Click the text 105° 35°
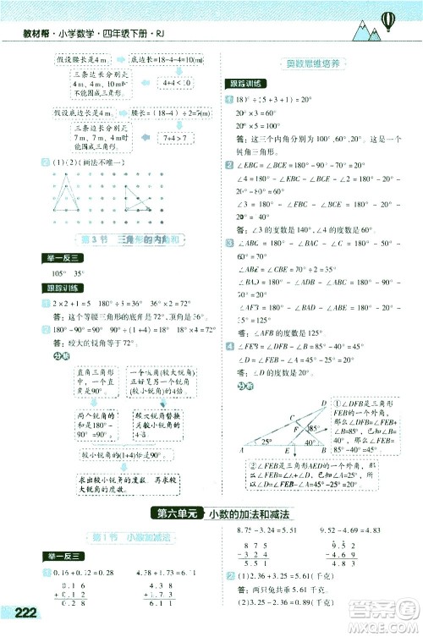(x=70, y=273)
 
